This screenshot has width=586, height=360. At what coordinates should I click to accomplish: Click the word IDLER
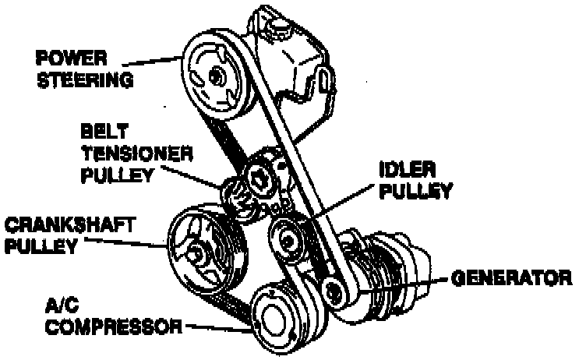click(x=406, y=168)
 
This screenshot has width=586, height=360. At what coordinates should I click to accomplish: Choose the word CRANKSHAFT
click(x=71, y=226)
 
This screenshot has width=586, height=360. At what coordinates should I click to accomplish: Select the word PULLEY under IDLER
click(x=413, y=190)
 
